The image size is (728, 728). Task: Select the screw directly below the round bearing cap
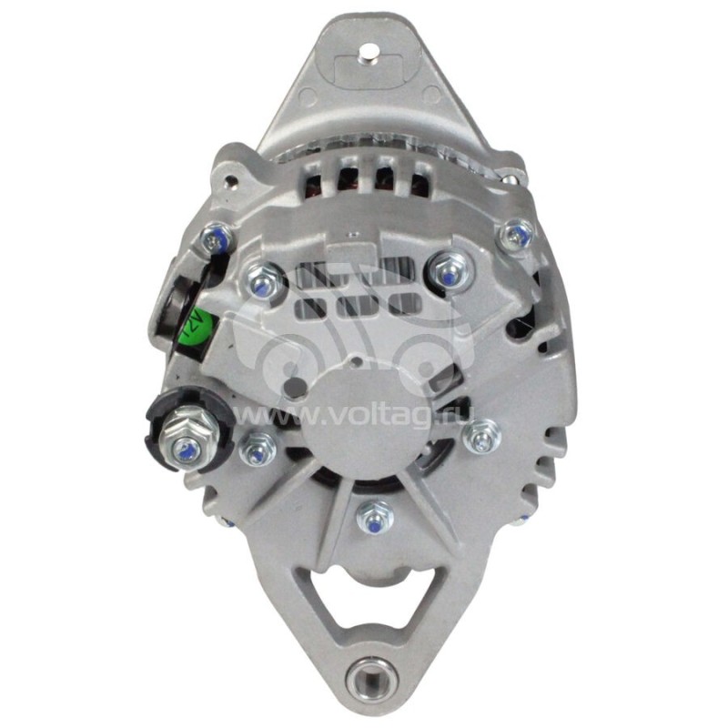click(374, 518)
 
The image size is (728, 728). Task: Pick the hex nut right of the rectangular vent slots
click(448, 268)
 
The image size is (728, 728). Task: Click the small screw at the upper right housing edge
click(518, 236)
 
